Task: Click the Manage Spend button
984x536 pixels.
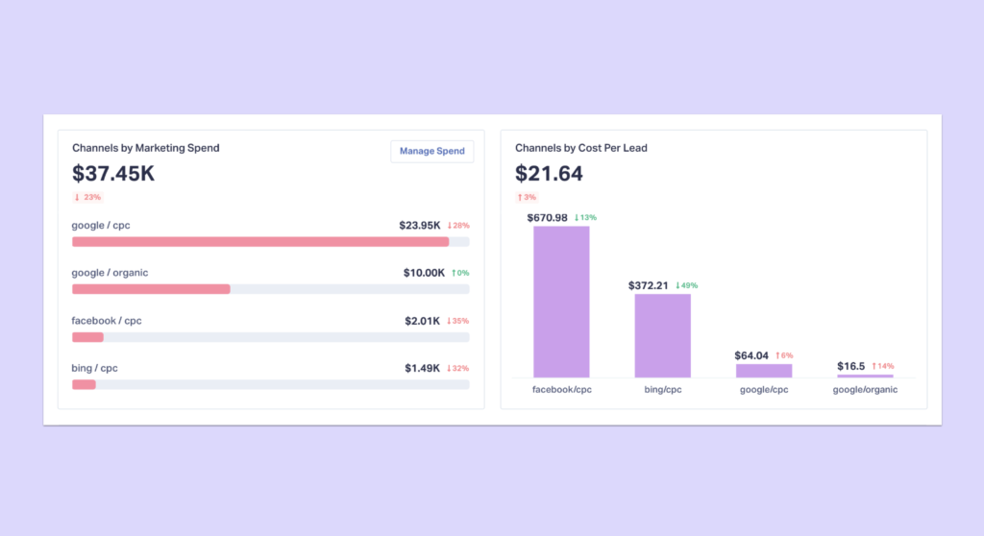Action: [x=431, y=151]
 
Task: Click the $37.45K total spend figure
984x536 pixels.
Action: [x=113, y=174]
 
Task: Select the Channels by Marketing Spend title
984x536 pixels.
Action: [x=146, y=148]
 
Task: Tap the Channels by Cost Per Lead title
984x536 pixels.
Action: [x=579, y=148]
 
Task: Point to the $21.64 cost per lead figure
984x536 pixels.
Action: [x=549, y=174]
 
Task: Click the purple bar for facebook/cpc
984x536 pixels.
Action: [x=561, y=302]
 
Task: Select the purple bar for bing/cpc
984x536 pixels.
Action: [x=662, y=335]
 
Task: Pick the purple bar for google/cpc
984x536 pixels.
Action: [x=764, y=370]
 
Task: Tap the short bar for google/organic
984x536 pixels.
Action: [x=865, y=376]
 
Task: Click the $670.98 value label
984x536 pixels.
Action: [x=547, y=217]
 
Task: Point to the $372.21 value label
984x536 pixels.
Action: [x=649, y=285]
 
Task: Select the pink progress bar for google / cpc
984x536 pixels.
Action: [x=260, y=242]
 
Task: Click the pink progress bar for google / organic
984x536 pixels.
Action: [x=151, y=289]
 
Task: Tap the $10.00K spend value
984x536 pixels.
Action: [x=424, y=273]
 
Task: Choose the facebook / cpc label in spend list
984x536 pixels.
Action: [x=107, y=320]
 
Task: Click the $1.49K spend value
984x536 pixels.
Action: [x=422, y=368]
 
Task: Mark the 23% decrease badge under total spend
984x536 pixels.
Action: [x=87, y=197]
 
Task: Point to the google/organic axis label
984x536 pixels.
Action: [x=865, y=390]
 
